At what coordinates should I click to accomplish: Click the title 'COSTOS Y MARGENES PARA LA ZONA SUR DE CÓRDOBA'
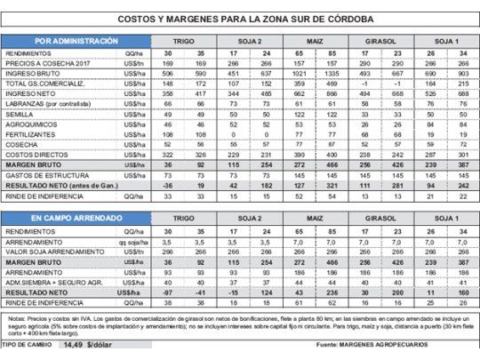(x=239, y=20)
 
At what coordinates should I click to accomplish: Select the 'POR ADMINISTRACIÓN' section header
(x=76, y=42)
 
